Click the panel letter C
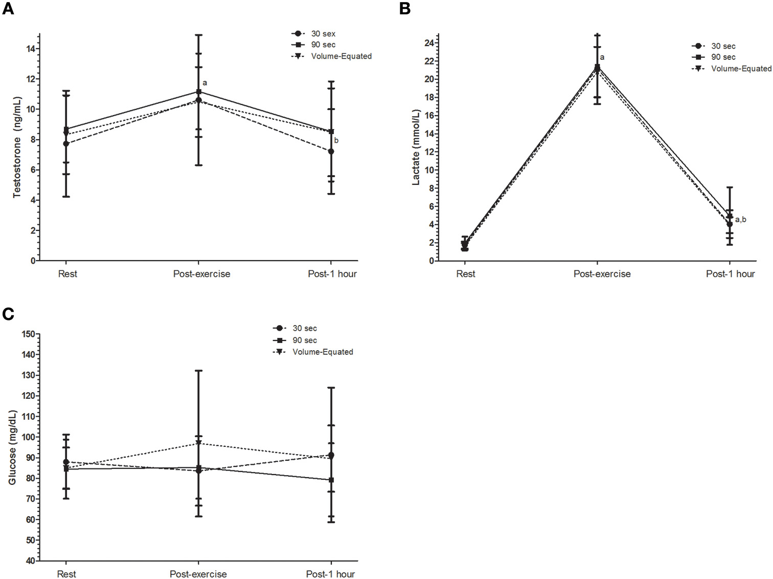8,313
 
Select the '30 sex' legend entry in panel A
323,34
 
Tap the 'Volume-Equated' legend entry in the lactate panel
741,69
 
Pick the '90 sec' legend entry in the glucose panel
304,340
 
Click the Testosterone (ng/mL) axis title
17,147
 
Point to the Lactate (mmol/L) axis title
416,147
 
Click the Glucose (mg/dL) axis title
12,447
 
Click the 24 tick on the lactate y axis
429,44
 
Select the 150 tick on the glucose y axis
28,334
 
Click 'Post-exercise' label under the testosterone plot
201,274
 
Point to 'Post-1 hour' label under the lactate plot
730,274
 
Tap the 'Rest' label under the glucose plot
66,574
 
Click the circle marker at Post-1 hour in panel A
331,152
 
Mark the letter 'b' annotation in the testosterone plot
336,141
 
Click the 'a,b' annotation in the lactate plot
740,220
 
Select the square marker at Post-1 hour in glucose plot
331,480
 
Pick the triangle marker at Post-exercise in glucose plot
198,443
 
